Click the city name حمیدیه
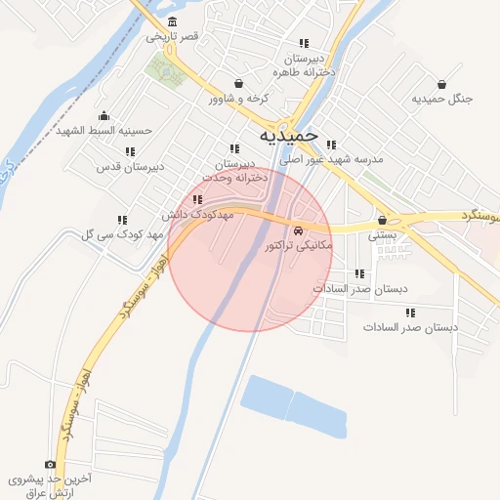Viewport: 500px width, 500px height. coord(291,133)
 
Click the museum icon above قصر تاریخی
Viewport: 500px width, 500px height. coord(173,22)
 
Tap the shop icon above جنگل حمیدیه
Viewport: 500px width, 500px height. coord(443,84)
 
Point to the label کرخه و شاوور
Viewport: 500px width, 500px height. coord(238,99)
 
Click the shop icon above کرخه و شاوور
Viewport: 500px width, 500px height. coord(239,84)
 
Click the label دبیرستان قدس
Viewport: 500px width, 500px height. coord(129,166)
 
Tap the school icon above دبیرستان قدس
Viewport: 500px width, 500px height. coord(130,151)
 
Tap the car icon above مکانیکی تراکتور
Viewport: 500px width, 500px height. coord(297,231)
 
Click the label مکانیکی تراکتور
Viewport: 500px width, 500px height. coord(299,246)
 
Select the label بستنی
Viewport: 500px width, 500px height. coord(385,234)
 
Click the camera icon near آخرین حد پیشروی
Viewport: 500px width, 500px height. coord(50,465)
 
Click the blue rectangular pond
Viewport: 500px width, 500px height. coord(293,405)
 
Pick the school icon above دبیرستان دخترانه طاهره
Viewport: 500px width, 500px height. coord(303,44)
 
